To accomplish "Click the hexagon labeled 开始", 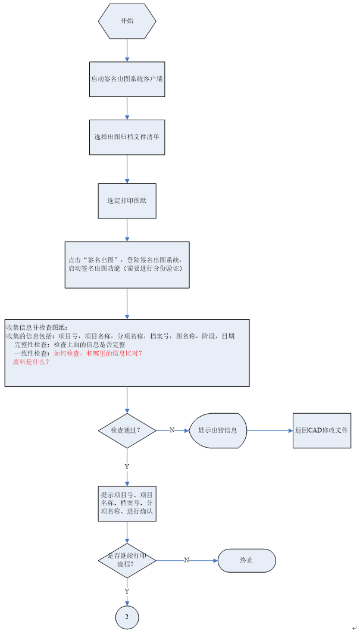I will pyautogui.click(x=127, y=21).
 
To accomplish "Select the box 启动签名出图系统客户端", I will pyautogui.click(x=127, y=79).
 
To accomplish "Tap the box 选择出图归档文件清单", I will pyautogui.click(x=127, y=137).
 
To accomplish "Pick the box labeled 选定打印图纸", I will pyautogui.click(x=127, y=201).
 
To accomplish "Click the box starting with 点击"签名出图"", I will pyautogui.click(x=127, y=264).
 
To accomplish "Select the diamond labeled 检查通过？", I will pyautogui.click(x=127, y=430).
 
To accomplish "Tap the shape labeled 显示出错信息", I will pyautogui.click(x=217, y=430).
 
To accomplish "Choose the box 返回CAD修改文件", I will pyautogui.click(x=321, y=430).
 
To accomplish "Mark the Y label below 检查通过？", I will pyautogui.click(x=127, y=467).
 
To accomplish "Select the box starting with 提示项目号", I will pyautogui.click(x=127, y=504).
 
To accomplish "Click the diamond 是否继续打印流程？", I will pyautogui.click(x=127, y=560).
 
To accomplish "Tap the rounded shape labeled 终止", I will pyautogui.click(x=246, y=560).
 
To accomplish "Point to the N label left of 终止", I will pyautogui.click(x=186, y=560).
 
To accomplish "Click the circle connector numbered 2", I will pyautogui.click(x=127, y=617).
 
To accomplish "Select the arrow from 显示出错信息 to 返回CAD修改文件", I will pyautogui.click(x=269, y=430).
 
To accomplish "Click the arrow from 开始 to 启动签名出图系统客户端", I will pyautogui.click(x=127, y=51).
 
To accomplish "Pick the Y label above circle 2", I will pyautogui.click(x=127, y=591).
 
